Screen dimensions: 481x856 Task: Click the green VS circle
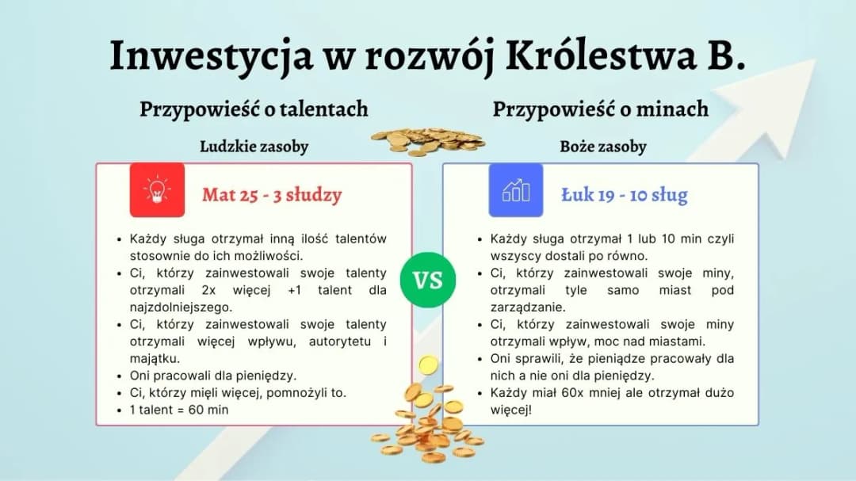[x=427, y=281]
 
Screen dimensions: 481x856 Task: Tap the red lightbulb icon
[x=157, y=190]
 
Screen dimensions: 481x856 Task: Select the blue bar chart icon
[x=515, y=190]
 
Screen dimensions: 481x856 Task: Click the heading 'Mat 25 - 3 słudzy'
[x=271, y=195]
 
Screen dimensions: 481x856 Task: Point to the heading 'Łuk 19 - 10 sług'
[x=624, y=195]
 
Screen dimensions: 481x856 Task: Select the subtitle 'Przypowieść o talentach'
[x=254, y=109]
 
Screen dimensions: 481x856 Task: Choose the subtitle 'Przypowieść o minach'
[x=600, y=109]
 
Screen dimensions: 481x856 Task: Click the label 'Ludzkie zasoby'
[x=254, y=147]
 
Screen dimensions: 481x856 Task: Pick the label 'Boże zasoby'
[x=603, y=147]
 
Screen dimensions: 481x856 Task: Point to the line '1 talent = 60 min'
[x=179, y=410]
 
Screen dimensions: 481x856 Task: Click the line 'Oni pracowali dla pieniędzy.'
[x=212, y=376]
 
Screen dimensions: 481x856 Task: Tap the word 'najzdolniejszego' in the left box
[x=180, y=307]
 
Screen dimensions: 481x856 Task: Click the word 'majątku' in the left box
[x=155, y=358]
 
